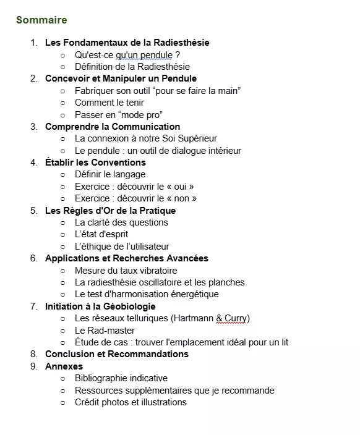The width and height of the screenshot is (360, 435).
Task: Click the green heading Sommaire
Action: pyautogui.click(x=41, y=20)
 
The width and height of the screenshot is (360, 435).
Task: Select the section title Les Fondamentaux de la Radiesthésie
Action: pyautogui.click(x=127, y=43)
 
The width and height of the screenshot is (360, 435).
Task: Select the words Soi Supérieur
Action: pyautogui.click(x=190, y=138)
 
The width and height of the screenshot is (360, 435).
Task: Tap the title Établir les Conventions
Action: pyautogui.click(x=95, y=163)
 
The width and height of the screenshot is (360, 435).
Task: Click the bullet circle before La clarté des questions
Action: pyautogui.click(x=62, y=222)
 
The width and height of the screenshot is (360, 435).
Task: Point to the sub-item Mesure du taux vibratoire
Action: pyautogui.click(x=126, y=271)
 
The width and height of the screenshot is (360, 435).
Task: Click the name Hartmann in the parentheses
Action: pyautogui.click(x=191, y=318)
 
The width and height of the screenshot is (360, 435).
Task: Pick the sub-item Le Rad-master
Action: pyautogui.click(x=105, y=330)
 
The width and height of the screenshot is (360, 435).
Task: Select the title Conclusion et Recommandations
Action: pyautogui.click(x=116, y=354)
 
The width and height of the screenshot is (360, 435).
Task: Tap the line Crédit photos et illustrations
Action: pyautogui.click(x=131, y=402)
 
